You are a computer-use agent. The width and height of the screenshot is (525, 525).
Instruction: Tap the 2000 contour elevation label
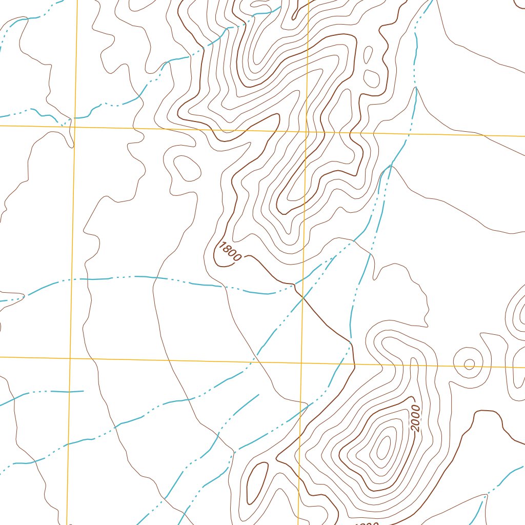pyautogui.click(x=415, y=418)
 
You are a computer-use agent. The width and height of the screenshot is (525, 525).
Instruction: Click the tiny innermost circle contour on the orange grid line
pyautogui.click(x=469, y=364)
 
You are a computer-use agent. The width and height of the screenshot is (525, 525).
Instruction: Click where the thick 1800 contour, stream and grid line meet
pyautogui.click(x=303, y=297)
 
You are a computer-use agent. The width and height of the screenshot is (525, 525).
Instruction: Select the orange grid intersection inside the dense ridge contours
pyautogui.click(x=306, y=131)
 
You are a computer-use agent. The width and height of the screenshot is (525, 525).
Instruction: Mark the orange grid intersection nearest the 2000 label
pyautogui.click(x=353, y=366)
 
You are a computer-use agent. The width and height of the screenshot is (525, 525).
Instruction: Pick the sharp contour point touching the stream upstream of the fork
pyautogui.click(x=416, y=88)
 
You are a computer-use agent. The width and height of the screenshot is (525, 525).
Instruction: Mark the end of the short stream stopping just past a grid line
pyautogui.click(x=83, y=391)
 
